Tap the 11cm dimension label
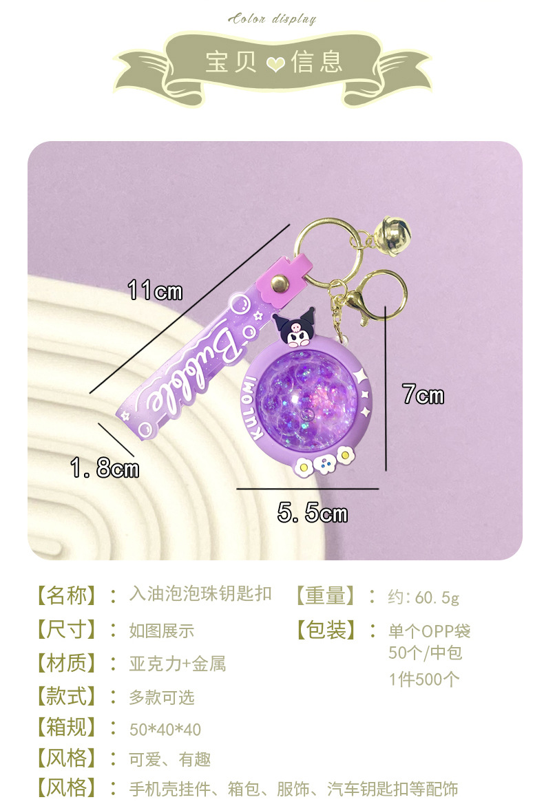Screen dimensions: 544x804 coord(155,291)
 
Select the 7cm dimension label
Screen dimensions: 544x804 coord(423,395)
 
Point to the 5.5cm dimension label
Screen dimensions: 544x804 coord(313,513)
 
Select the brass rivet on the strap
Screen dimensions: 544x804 coord(279,284)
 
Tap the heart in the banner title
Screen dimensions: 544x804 coord(275,64)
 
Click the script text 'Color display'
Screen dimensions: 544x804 coord(272,19)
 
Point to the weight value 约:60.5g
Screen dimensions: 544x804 coord(423,597)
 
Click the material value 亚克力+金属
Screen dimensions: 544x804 coord(177,664)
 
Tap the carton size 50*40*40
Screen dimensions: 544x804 coord(165,729)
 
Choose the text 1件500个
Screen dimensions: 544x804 coord(423,680)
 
